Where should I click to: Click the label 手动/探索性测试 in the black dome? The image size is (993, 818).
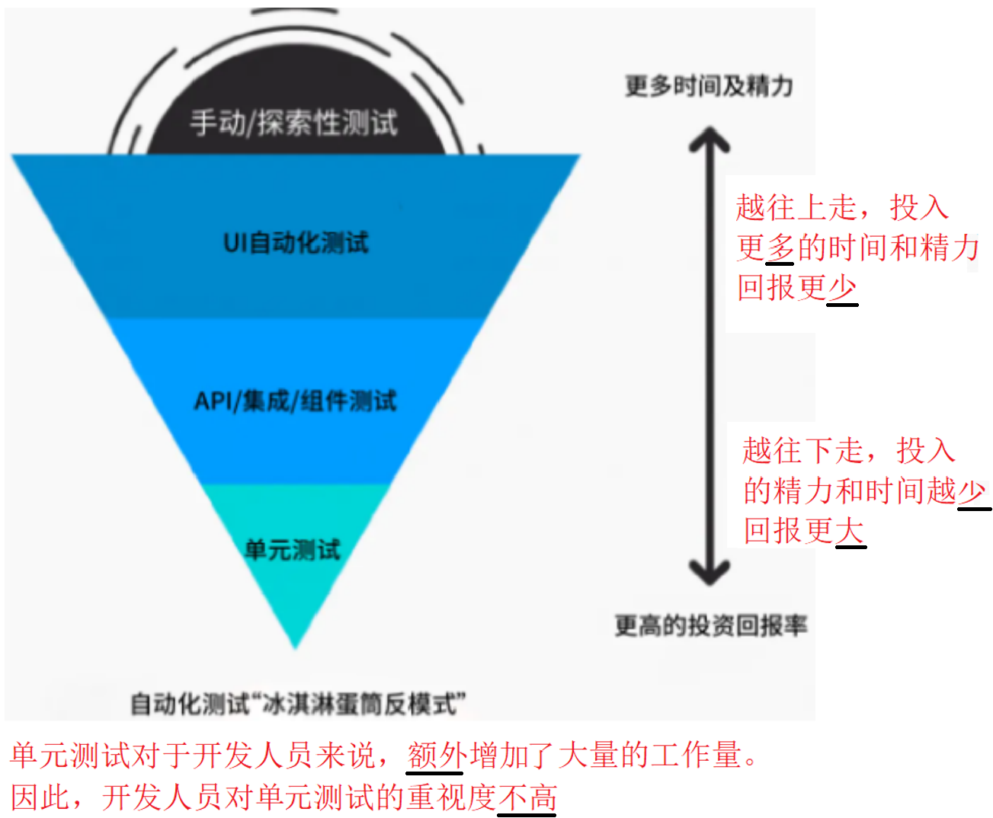tap(293, 123)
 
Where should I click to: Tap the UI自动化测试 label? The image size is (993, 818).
tap(296, 243)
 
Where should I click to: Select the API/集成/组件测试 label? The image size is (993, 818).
tap(296, 401)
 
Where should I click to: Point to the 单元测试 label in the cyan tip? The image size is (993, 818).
tap(293, 549)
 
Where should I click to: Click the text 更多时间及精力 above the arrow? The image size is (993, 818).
tap(709, 86)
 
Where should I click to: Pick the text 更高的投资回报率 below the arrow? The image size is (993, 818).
tap(711, 625)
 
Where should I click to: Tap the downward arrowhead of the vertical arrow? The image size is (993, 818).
tap(710, 570)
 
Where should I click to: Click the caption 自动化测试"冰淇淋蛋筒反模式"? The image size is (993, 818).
tap(297, 703)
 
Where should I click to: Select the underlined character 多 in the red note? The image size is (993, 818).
tap(781, 248)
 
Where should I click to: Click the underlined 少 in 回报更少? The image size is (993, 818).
tap(842, 288)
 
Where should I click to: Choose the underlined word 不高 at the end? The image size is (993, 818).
tap(527, 797)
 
